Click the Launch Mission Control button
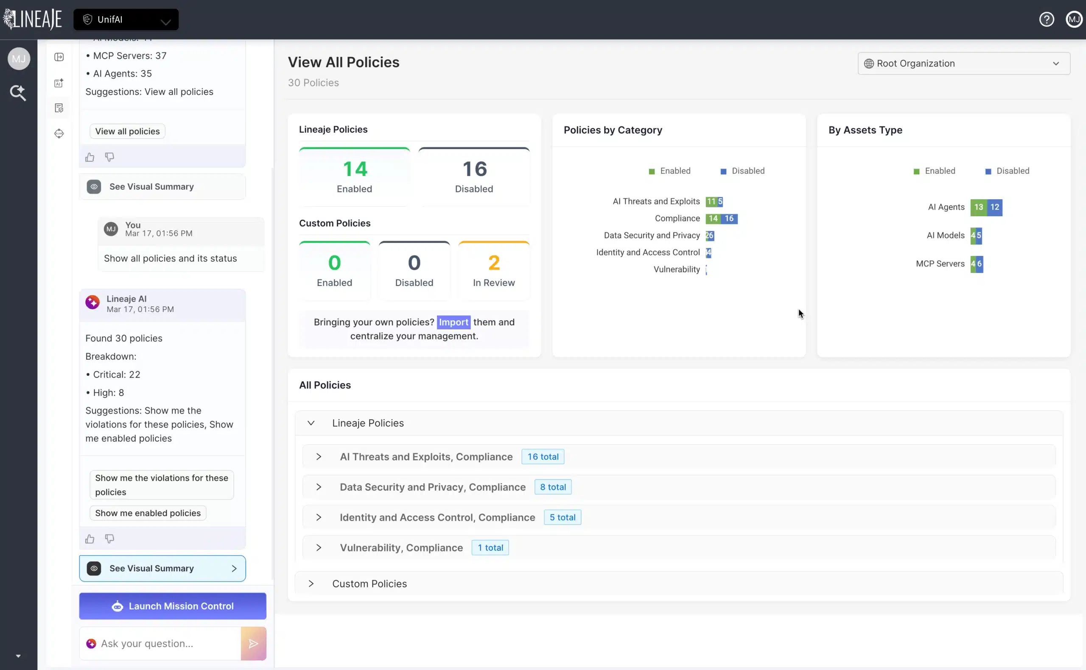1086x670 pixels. coord(173,606)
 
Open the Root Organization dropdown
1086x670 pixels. coord(963,64)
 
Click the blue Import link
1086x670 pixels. coord(453,322)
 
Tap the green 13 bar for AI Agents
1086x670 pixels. coord(978,207)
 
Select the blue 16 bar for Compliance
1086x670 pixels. coord(729,218)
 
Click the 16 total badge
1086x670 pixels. coord(543,456)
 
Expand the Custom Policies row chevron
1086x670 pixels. coord(311,584)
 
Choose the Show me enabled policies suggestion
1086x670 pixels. coord(148,513)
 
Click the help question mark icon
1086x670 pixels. coord(1047,19)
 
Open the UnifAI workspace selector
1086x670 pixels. coord(126,19)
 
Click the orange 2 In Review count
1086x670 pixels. coord(493,263)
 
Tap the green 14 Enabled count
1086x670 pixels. coord(355,169)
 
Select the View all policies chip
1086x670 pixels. coord(127,131)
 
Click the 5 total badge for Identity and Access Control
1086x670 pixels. coord(562,517)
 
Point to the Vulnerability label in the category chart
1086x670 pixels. coord(676,270)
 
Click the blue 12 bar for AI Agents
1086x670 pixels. coord(995,207)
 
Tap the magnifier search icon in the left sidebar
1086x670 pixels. coord(18,93)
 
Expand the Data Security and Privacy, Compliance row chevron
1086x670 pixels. coord(319,487)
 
